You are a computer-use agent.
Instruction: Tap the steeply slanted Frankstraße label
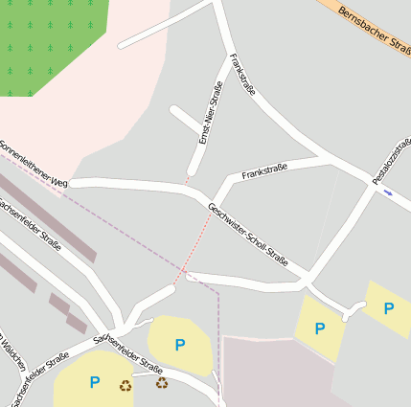242,76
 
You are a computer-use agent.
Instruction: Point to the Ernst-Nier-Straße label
204,114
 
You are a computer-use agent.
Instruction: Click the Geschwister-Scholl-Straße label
248,235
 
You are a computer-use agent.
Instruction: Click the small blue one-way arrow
387,192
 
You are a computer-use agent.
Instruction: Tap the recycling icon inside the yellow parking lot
126,386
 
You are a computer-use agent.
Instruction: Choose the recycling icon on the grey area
162,383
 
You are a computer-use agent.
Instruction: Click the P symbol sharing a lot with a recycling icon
94,383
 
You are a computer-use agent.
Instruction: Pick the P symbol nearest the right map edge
389,308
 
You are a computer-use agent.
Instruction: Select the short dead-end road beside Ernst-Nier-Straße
184,121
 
